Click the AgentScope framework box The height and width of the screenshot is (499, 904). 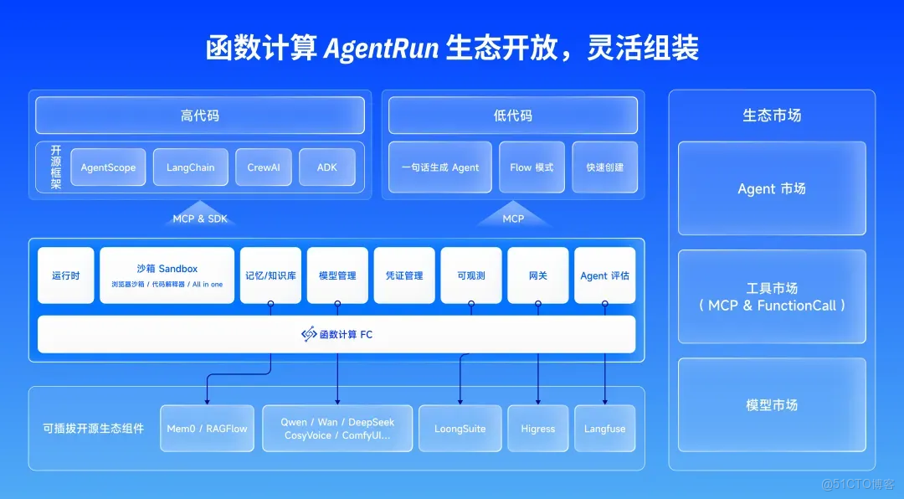click(108, 167)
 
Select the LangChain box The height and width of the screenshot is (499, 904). click(190, 167)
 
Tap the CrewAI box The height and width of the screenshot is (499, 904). click(264, 167)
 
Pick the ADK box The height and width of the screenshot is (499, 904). click(326, 167)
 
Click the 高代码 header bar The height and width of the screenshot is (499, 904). click(199, 116)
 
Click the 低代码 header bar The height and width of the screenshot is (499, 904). click(512, 116)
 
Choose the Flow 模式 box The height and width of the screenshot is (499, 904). click(531, 167)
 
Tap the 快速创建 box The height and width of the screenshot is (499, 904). click(604, 167)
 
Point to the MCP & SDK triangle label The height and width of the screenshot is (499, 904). click(200, 217)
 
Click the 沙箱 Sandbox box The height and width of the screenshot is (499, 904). click(167, 275)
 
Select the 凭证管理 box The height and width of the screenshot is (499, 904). click(404, 275)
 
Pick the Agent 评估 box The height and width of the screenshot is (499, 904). click(604, 275)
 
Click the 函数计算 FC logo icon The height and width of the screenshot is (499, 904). click(309, 334)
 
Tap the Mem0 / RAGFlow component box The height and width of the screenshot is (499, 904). click(207, 429)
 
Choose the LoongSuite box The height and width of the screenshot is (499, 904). click(460, 429)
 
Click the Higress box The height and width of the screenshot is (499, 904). click(537, 429)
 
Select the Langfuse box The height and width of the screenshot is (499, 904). click(604, 429)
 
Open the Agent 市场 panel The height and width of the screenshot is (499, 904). click(771, 188)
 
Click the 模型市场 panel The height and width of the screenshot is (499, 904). click(771, 405)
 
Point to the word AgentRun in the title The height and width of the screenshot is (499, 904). click(393, 48)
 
